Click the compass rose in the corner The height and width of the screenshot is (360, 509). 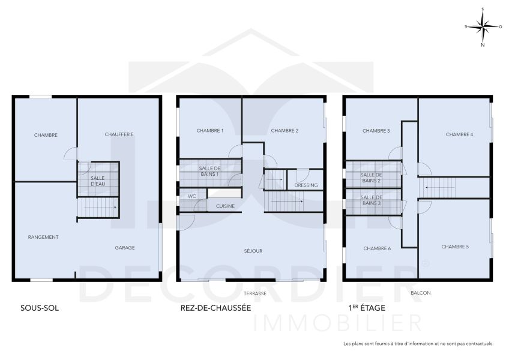[x=483, y=26]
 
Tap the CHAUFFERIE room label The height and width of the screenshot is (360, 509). [x=119, y=134]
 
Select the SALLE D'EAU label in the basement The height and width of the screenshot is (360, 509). [x=98, y=181]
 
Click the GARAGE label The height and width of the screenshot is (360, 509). [x=125, y=247]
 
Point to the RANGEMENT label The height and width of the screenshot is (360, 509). [x=43, y=237]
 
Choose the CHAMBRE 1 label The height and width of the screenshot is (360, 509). [x=210, y=130]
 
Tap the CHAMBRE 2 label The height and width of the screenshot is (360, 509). [x=284, y=130]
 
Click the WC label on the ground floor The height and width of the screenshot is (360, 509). [x=192, y=196]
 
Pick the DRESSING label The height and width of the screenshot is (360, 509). [x=306, y=185]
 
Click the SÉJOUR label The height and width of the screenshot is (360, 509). [x=253, y=251]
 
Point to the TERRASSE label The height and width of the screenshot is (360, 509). [x=255, y=294]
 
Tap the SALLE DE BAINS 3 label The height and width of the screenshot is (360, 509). [x=371, y=200]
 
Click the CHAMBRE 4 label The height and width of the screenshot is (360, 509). [x=459, y=134]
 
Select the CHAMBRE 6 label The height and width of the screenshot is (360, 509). [x=377, y=248]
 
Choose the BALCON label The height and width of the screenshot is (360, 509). [x=420, y=293]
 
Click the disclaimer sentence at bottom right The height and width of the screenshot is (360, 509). [x=418, y=344]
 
